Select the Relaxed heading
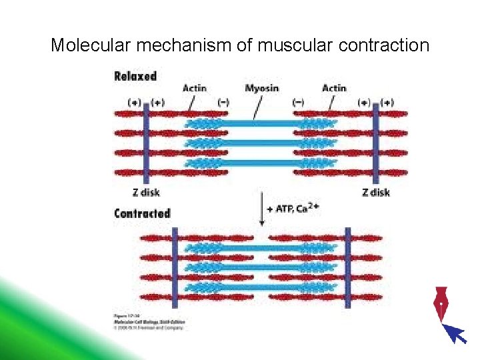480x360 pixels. [x=135, y=76]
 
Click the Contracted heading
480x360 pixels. [x=142, y=214]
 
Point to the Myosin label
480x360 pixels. [x=262, y=88]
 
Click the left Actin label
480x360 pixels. [x=194, y=88]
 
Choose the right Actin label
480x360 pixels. [x=334, y=88]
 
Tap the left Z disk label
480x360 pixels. [x=145, y=192]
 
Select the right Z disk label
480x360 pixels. [x=375, y=192]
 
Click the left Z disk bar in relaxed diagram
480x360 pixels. [x=145, y=143]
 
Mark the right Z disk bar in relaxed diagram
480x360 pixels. [x=376, y=143]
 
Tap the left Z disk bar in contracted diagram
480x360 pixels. [x=175, y=267]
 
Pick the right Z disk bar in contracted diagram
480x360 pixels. [x=347, y=267]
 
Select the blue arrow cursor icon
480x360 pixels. [x=455, y=332]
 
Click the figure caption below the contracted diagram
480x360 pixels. [x=147, y=321]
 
